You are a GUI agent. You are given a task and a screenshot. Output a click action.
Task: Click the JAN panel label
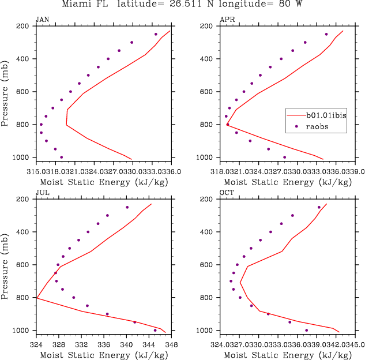pos(42,19)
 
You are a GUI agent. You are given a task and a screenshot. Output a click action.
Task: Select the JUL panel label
pos(42,192)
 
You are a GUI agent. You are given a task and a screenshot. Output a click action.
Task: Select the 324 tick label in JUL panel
pos(36,345)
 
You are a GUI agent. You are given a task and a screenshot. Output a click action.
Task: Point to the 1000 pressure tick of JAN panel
pos(24,157)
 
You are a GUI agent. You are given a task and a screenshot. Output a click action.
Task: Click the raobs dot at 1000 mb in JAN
pos(62,157)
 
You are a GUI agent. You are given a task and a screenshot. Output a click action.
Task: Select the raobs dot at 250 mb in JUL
pos(127,207)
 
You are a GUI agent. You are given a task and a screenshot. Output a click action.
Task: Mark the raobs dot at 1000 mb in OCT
pos(306,330)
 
